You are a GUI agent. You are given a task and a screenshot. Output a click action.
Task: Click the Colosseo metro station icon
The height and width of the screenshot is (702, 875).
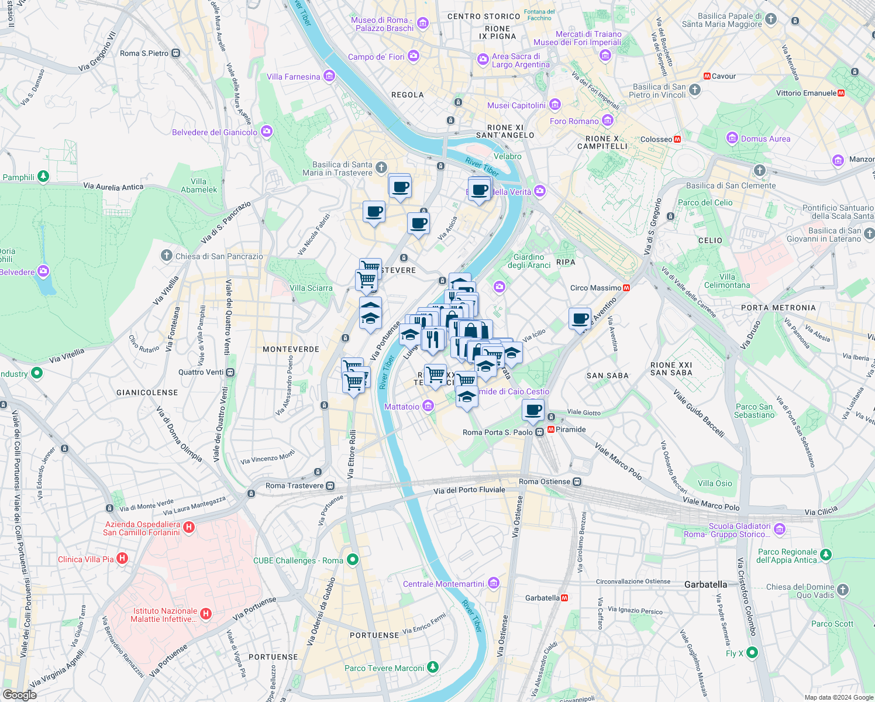point(677,139)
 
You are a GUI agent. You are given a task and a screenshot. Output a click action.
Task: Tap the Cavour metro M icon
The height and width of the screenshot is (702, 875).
point(707,76)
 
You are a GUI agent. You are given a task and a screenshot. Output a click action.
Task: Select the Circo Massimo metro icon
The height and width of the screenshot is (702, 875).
point(626,288)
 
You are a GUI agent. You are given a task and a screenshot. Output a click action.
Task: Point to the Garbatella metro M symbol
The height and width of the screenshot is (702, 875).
point(564,598)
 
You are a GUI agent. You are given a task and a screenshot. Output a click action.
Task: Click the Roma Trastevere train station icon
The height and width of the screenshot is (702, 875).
point(330,486)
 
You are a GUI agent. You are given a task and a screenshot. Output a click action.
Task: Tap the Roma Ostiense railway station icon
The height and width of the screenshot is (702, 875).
point(577,481)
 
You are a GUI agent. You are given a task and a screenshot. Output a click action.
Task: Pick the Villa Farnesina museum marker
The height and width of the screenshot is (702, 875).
point(329,76)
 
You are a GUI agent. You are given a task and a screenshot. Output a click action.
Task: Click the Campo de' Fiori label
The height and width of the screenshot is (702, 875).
point(376,57)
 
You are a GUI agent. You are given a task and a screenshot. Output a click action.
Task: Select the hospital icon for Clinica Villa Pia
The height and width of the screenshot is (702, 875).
point(122,559)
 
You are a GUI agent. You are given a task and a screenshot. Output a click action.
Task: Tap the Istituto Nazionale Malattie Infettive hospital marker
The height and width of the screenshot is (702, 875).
point(206,614)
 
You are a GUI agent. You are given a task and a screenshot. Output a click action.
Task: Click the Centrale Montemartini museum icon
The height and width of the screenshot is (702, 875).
point(494,583)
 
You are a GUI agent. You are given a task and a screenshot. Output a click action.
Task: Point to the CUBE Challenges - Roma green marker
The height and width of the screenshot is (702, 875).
point(352,560)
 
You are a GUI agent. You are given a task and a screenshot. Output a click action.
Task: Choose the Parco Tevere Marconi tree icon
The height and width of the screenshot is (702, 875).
point(432,667)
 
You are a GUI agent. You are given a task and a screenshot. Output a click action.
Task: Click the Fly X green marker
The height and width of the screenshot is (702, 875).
point(752,652)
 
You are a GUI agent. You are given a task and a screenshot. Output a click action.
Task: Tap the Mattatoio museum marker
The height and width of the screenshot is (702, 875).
point(428,406)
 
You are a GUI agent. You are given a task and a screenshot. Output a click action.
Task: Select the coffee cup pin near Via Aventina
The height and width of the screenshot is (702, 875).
point(580,319)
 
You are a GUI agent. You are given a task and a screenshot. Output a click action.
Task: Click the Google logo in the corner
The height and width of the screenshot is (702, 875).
point(19,694)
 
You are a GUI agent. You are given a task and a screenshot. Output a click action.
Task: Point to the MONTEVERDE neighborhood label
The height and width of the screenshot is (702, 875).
point(291,349)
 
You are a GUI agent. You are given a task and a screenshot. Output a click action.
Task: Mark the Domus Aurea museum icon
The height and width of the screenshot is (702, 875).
point(732,138)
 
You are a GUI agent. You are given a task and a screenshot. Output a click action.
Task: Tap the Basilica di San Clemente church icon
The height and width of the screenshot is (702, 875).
point(759,170)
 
